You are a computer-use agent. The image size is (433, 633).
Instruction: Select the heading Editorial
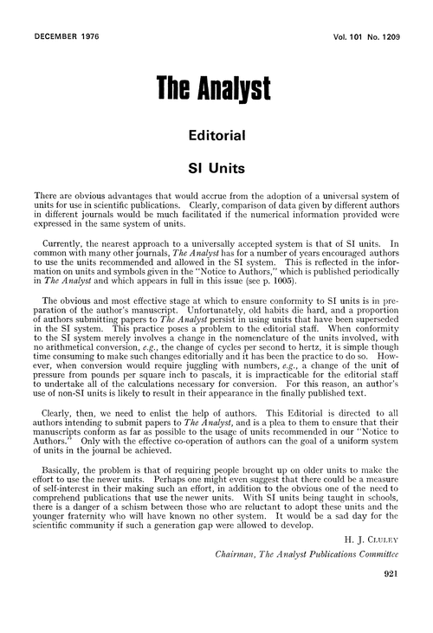216,135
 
